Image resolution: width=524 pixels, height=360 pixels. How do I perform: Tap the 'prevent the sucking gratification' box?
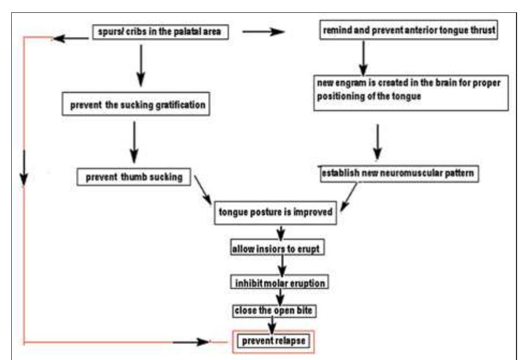(x=137, y=105)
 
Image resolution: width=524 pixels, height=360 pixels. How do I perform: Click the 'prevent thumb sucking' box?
(x=134, y=177)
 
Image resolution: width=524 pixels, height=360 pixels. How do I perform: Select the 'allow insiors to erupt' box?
(x=278, y=249)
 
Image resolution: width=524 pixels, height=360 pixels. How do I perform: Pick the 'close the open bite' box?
(x=271, y=310)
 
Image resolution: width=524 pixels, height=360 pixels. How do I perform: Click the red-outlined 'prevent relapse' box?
(x=274, y=340)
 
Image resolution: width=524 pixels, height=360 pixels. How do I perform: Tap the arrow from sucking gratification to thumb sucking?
(x=133, y=139)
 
